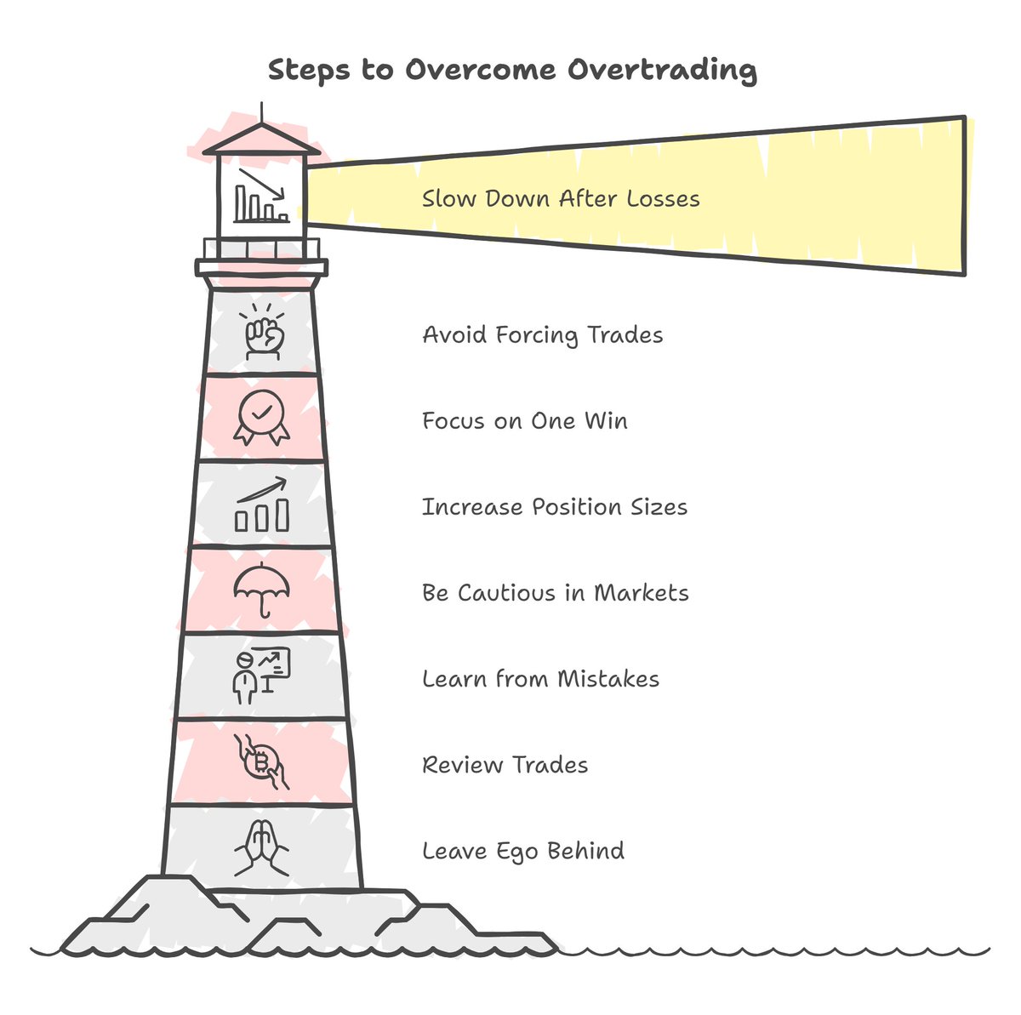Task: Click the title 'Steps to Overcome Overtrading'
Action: tap(512, 70)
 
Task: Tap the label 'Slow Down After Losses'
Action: tap(561, 199)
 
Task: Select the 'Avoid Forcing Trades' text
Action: tap(543, 334)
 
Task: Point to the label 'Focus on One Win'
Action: tap(525, 420)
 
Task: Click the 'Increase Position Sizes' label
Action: tap(555, 507)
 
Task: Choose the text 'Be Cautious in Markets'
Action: tap(556, 593)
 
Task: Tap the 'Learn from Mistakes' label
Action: tap(541, 679)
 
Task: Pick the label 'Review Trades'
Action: tap(505, 765)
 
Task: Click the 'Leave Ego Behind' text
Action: tap(523, 851)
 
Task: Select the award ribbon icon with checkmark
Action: tap(262, 418)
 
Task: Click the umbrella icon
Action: tap(262, 590)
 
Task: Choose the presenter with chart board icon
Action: tap(261, 676)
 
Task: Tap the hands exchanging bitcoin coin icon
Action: tap(262, 761)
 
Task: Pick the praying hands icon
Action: tap(262, 847)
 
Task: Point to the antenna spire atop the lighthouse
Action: tap(262, 112)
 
